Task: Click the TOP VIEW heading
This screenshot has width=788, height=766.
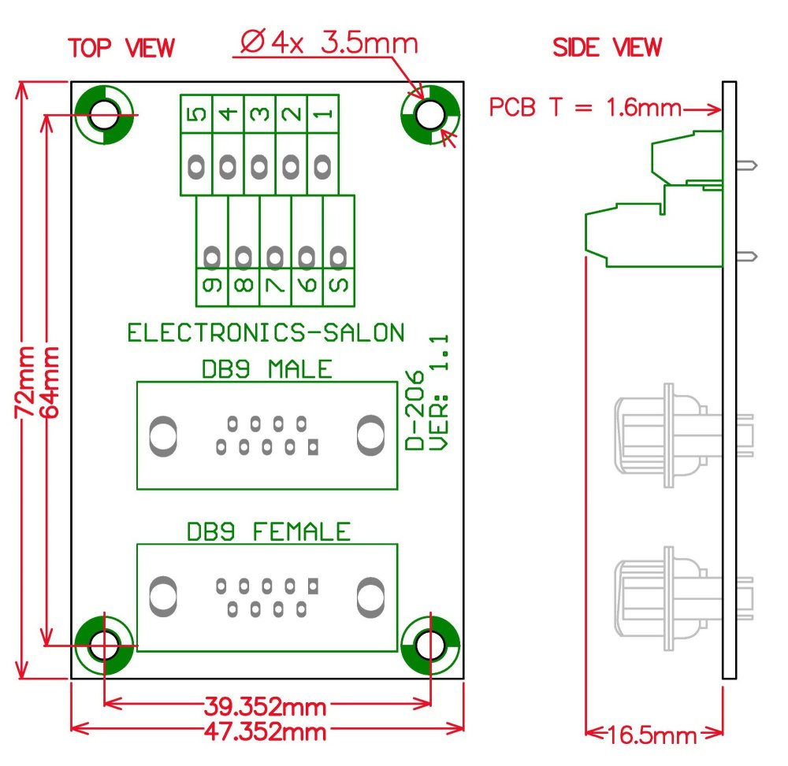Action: tap(121, 47)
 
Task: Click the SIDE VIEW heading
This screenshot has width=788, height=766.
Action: tap(607, 47)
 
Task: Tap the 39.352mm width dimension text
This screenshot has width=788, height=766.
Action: tap(266, 705)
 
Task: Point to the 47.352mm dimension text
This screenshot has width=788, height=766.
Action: tap(266, 731)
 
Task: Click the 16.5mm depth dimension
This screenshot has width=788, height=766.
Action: tap(652, 736)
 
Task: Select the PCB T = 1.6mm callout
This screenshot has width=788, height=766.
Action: tap(585, 108)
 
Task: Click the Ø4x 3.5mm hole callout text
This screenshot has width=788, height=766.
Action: tap(326, 43)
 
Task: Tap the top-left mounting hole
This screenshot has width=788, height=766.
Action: tap(104, 116)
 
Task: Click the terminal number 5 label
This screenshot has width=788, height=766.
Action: tap(196, 114)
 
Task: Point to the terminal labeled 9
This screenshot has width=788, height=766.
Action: tap(212, 286)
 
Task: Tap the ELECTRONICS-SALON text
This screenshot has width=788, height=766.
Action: tap(266, 333)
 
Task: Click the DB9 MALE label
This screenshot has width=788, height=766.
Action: tap(266, 369)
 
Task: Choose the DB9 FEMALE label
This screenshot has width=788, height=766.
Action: tap(268, 532)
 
